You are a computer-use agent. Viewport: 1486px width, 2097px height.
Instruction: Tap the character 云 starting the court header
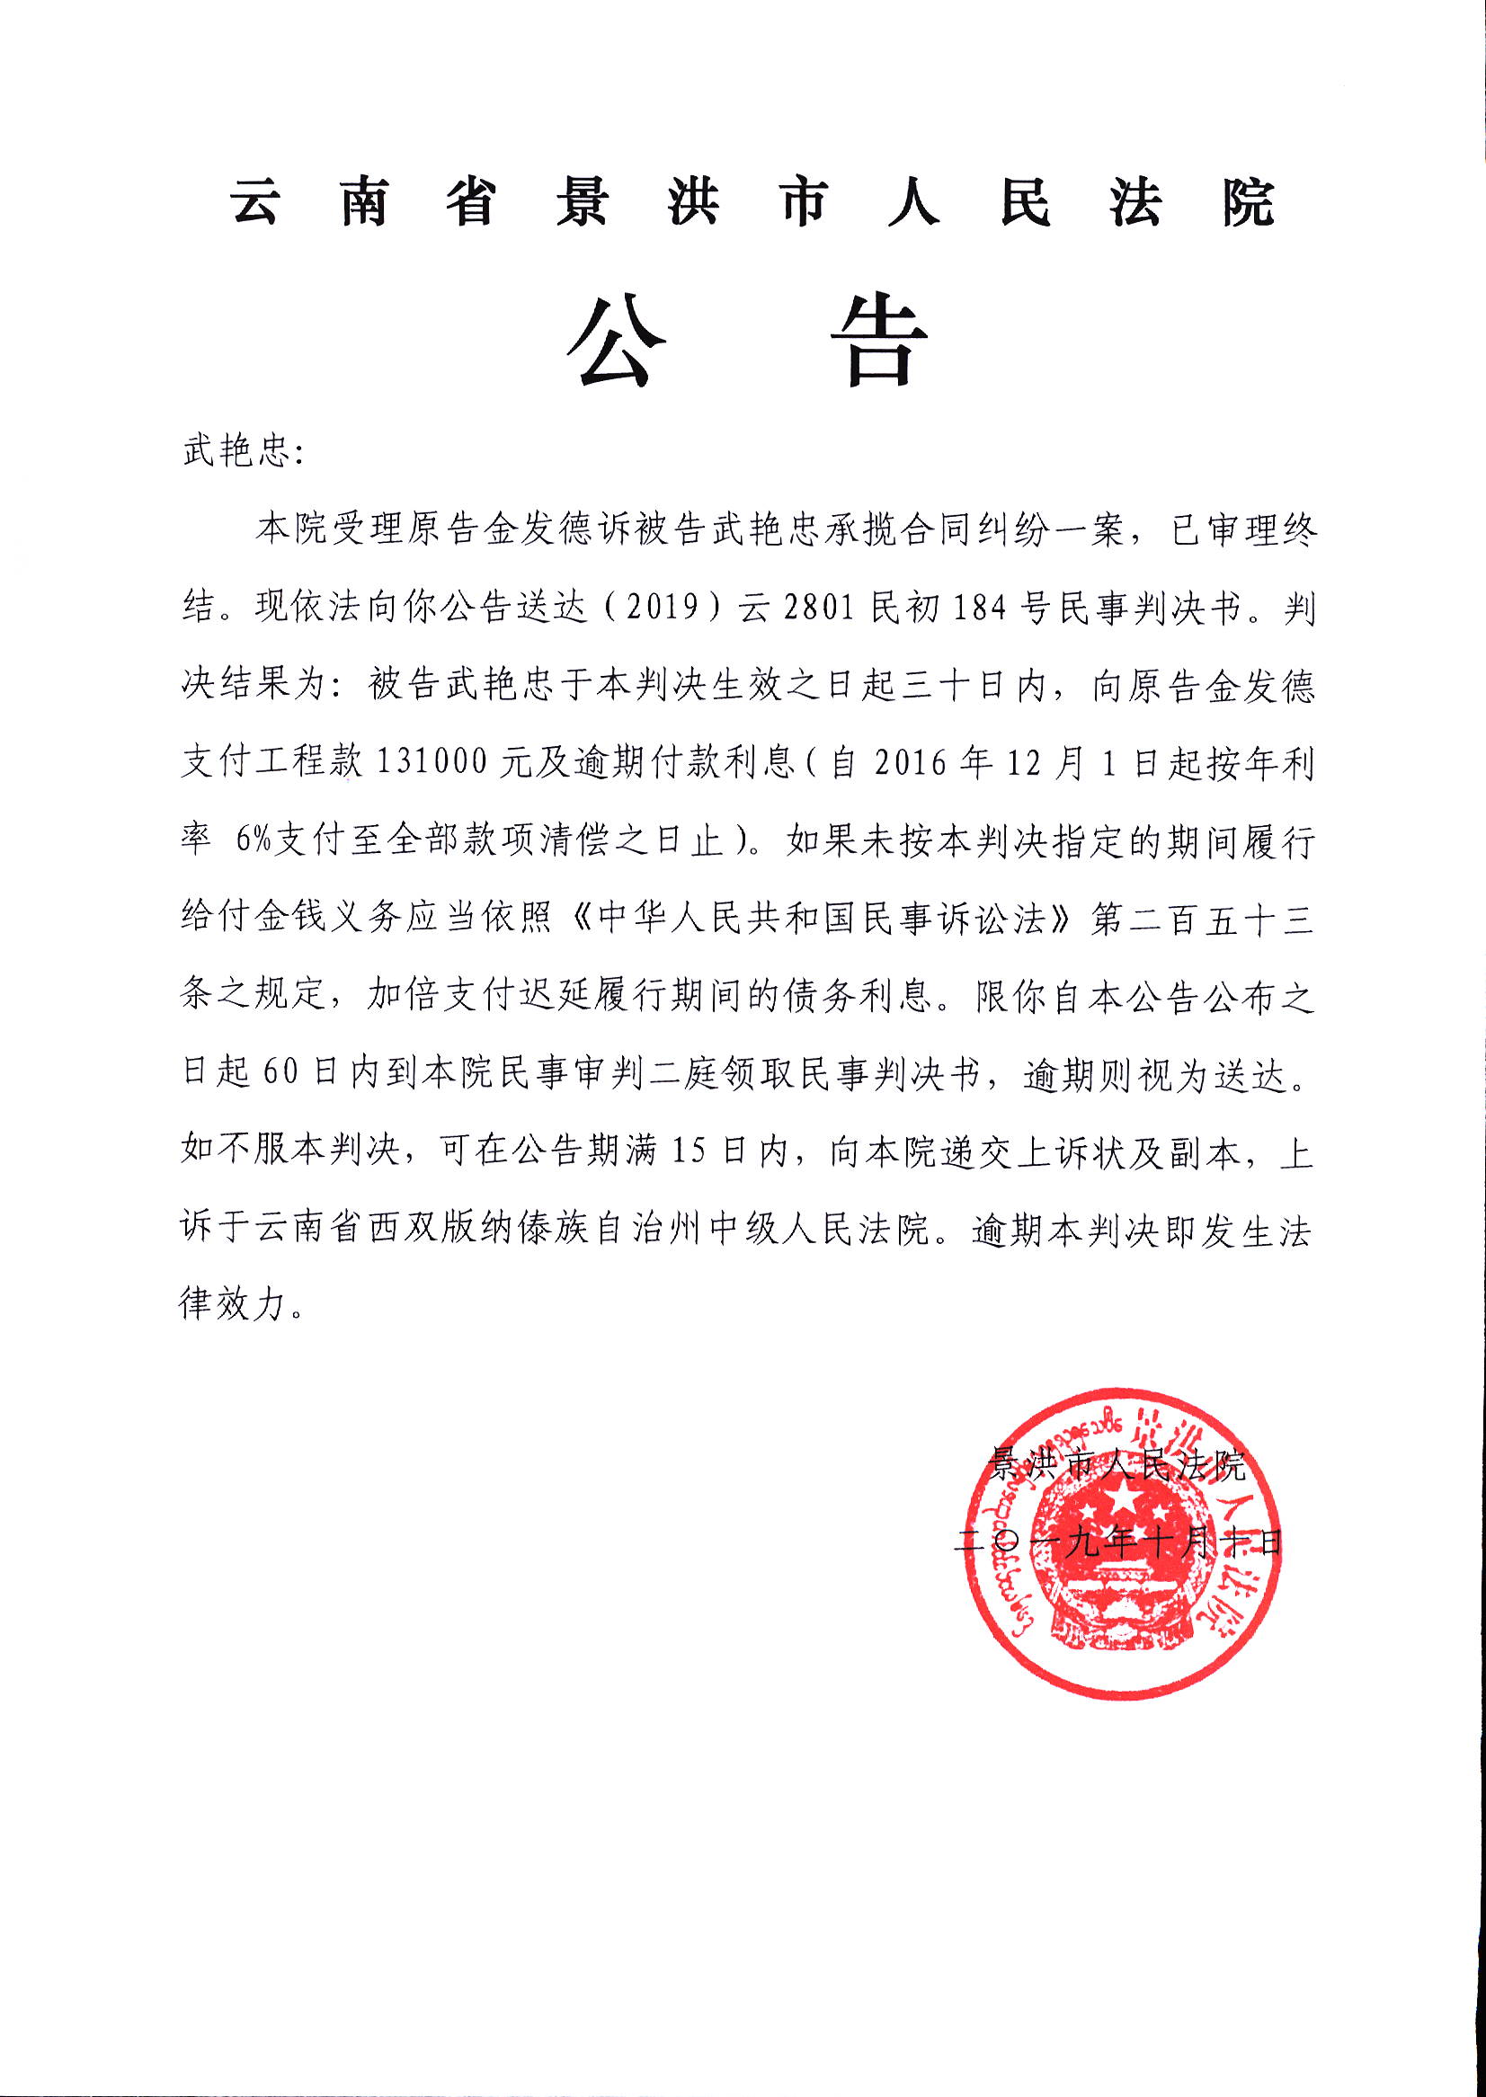tap(255, 202)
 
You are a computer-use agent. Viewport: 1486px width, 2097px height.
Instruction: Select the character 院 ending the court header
tap(1248, 202)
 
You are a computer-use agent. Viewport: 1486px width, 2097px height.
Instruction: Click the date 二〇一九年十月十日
tap(1117, 1542)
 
